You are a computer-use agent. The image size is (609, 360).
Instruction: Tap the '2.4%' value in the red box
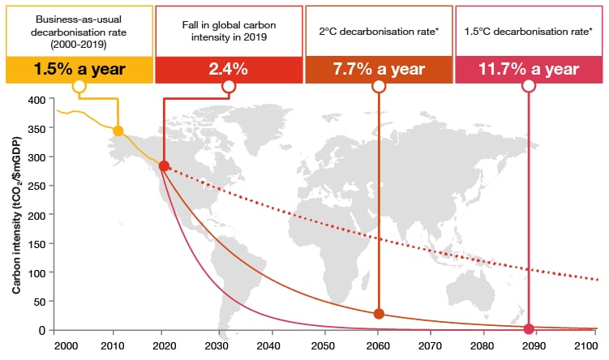coord(228,70)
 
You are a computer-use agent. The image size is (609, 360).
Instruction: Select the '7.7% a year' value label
coord(379,70)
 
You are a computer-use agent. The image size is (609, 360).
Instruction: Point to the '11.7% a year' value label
coord(530,70)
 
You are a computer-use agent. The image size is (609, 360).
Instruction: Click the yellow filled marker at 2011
coord(118,131)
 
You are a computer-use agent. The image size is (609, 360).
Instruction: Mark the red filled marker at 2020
coord(164,166)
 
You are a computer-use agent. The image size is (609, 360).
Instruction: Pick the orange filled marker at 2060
coord(379,314)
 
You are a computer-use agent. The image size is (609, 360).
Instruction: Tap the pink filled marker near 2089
coord(530,328)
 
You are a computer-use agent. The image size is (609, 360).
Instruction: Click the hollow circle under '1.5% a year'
coord(79,86)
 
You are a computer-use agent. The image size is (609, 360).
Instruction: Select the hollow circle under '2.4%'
coord(229,86)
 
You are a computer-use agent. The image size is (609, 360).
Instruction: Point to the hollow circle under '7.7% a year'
coord(379,86)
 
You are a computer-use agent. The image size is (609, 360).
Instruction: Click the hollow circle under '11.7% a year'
coord(530,86)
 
